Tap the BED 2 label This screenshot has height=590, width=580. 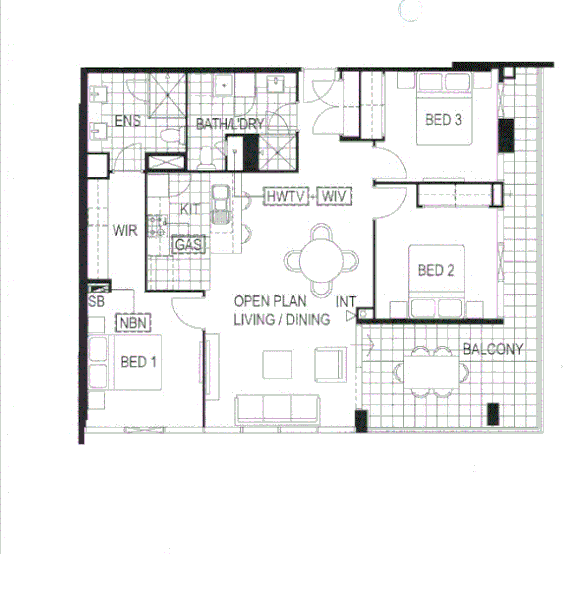tap(436, 270)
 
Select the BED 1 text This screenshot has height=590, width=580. tap(138, 362)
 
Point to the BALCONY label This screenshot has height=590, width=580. tap(493, 349)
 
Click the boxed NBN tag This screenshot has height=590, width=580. tap(131, 323)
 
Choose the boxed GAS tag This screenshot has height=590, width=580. tap(187, 244)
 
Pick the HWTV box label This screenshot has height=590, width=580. tap(288, 197)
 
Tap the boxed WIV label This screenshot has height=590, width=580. tap(334, 197)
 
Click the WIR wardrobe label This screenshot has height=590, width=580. tap(125, 230)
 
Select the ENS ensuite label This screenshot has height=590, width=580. tap(127, 122)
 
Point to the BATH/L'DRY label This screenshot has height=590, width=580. tap(230, 125)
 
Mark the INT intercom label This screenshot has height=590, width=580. tap(346, 301)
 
